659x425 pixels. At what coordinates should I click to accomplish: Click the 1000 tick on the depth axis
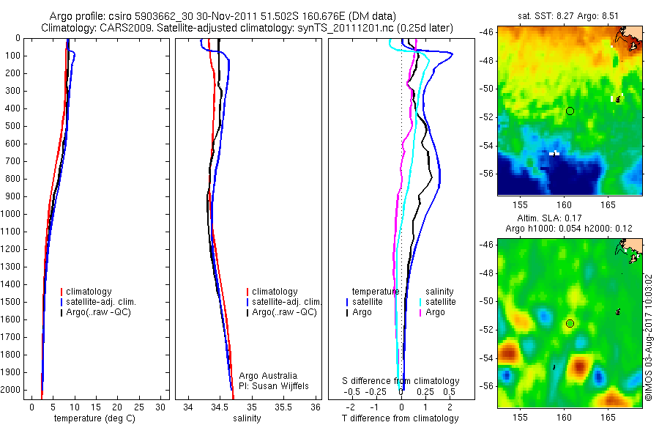12,214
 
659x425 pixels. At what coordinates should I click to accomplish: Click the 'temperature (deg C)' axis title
92,418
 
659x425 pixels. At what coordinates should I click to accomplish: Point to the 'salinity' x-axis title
246,418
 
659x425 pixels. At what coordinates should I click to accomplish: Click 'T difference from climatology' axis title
400,418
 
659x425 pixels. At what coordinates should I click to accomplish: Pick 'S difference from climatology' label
401,381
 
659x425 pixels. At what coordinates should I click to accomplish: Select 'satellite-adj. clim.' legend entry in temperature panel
102,302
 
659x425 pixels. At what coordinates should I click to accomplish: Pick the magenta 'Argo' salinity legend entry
435,312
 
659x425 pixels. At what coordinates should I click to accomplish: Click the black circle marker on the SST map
570,111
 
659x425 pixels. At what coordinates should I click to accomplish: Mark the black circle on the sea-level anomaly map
570,323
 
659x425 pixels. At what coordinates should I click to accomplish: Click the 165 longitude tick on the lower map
608,416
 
